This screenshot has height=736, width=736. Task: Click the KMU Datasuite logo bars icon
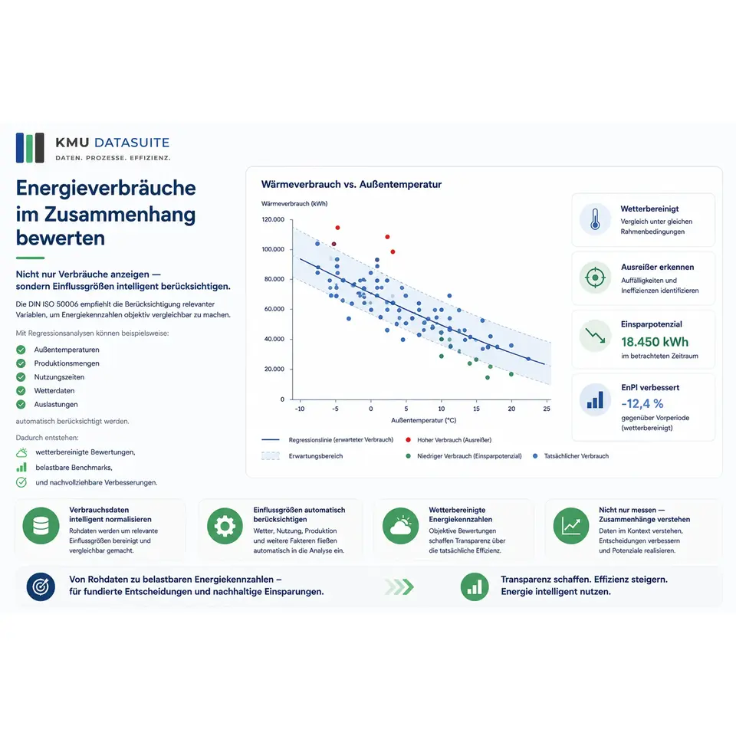click(x=30, y=147)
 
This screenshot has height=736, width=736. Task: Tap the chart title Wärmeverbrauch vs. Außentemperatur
click(x=351, y=185)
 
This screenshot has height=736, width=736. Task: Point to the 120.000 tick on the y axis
click(x=273, y=219)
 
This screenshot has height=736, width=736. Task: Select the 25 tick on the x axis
click(x=547, y=409)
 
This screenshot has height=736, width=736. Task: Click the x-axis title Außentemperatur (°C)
click(x=423, y=420)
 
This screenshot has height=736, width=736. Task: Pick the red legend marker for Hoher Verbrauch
click(x=408, y=440)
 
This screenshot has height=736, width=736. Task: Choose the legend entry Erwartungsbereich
click(x=315, y=455)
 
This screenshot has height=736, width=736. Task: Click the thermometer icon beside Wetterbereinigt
click(x=595, y=219)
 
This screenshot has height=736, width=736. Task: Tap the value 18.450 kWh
click(x=654, y=342)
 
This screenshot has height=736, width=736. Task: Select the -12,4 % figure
click(x=642, y=404)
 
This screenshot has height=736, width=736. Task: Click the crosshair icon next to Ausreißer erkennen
click(x=595, y=278)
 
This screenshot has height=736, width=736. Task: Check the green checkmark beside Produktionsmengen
click(x=21, y=363)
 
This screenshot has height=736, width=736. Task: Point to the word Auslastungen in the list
click(x=56, y=404)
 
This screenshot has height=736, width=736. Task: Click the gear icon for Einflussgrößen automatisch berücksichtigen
click(x=225, y=526)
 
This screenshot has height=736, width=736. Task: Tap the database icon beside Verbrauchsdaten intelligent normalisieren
click(x=41, y=526)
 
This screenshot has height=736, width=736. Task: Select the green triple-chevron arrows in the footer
click(x=399, y=586)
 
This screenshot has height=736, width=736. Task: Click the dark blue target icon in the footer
click(x=41, y=586)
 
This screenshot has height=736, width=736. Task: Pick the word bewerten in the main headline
click(x=60, y=238)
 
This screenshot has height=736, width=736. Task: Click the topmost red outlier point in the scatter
click(x=337, y=228)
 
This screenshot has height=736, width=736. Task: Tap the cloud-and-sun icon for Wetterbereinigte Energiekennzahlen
click(x=400, y=526)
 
